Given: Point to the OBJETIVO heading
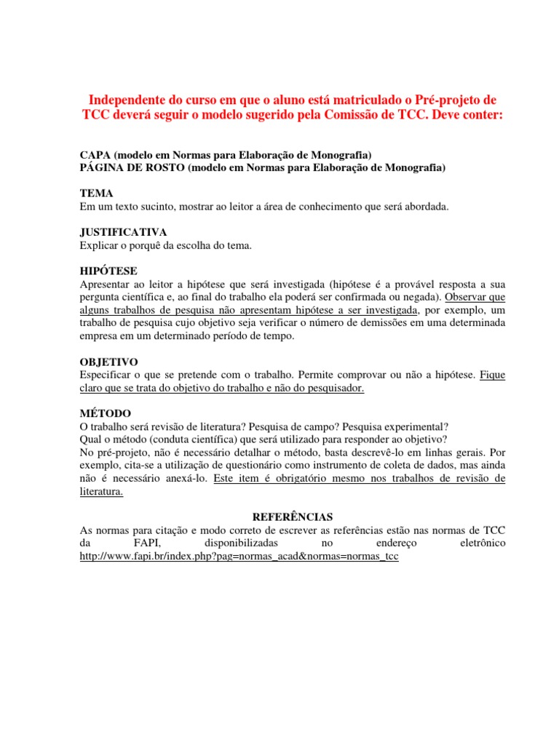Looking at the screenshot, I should click(108, 362).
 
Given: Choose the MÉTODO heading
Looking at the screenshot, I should click(106, 413).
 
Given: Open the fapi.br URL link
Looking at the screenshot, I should click(239, 557).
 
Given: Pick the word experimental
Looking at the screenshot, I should click(415, 426).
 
